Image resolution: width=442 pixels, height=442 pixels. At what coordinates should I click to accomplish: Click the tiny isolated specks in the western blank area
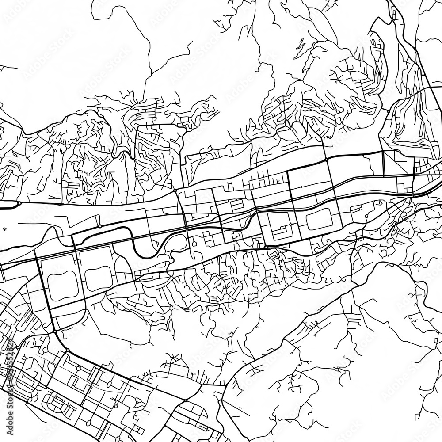tap(5, 229)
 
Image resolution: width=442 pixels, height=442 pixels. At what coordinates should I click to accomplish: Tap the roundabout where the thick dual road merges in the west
tap(19, 203)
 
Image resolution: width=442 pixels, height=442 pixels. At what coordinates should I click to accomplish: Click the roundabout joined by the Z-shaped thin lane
tap(100, 226)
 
